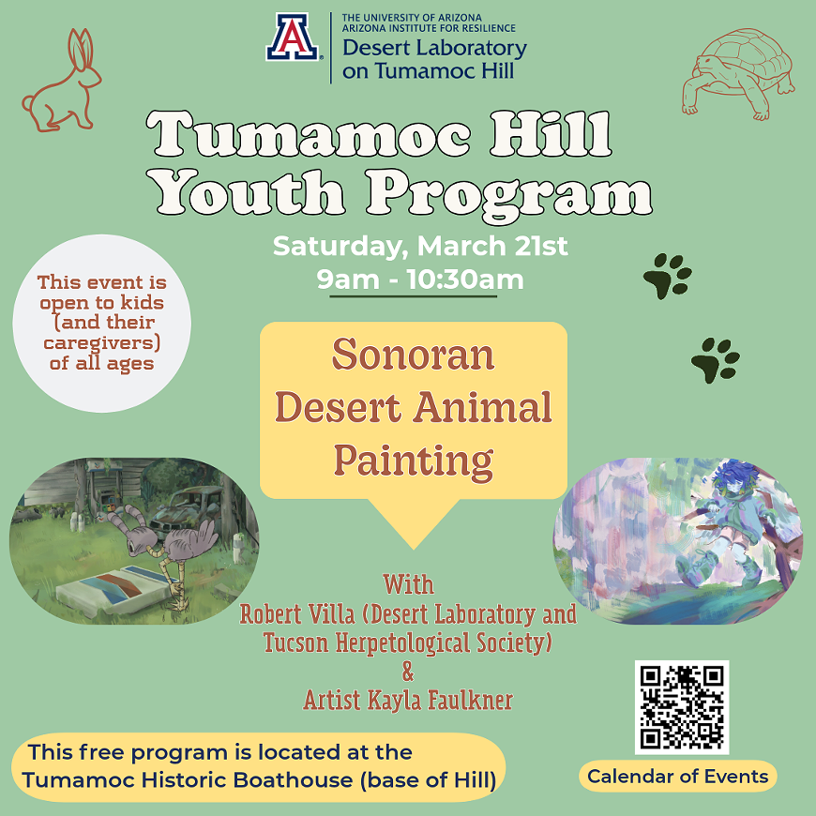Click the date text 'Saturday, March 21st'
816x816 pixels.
420,247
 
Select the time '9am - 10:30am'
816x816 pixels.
420,279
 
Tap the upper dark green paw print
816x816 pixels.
667,276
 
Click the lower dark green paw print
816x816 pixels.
715,359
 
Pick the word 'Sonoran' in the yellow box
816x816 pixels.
413,355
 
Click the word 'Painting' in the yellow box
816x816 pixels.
413,461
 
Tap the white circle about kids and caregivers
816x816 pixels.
102,323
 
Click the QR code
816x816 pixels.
682,707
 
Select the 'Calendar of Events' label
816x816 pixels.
677,777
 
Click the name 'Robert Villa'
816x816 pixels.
296,615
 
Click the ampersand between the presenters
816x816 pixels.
407,672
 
